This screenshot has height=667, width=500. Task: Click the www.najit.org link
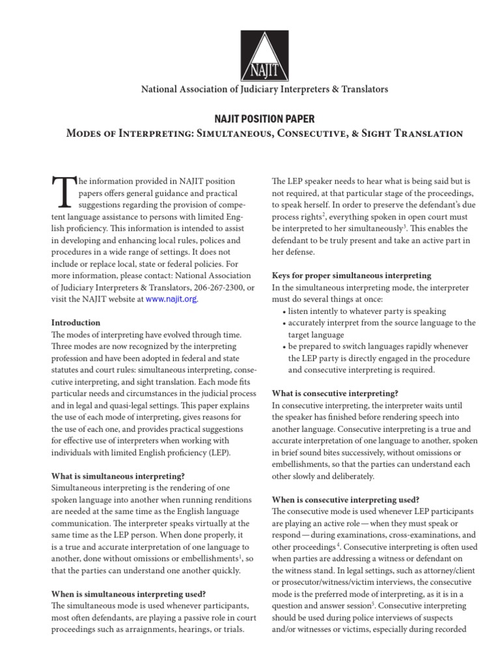click(171, 299)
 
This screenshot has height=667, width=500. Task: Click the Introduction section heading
click(76, 322)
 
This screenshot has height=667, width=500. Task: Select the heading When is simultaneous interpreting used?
click(128, 593)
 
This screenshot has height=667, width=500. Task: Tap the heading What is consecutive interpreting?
click(334, 393)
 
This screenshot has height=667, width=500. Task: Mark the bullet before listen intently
click(284, 312)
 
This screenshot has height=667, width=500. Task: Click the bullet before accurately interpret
click(284, 324)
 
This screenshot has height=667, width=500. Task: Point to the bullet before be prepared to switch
click(284, 347)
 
